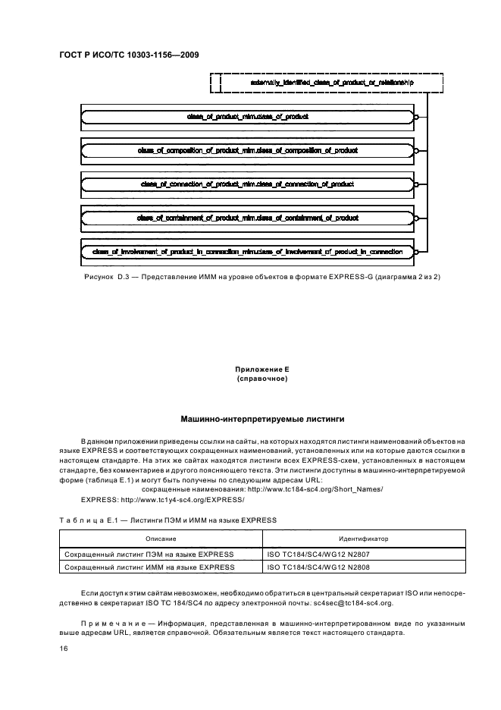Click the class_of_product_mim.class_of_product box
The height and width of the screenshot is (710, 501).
pyautogui.click(x=247, y=117)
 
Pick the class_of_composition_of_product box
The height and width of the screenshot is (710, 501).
pyautogui.click(x=247, y=150)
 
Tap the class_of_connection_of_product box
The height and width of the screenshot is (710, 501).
pyautogui.click(x=247, y=184)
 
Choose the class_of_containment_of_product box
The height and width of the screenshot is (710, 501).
pyautogui.click(x=247, y=217)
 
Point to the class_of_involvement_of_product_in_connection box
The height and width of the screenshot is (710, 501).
pyautogui.click(x=247, y=250)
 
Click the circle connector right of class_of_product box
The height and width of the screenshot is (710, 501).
pyautogui.click(x=416, y=117)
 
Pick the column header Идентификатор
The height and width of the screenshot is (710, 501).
pyautogui.click(x=363, y=538)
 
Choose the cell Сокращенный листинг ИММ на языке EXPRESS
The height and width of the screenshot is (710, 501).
pyautogui.click(x=149, y=566)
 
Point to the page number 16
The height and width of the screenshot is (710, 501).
pyautogui.click(x=64, y=649)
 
